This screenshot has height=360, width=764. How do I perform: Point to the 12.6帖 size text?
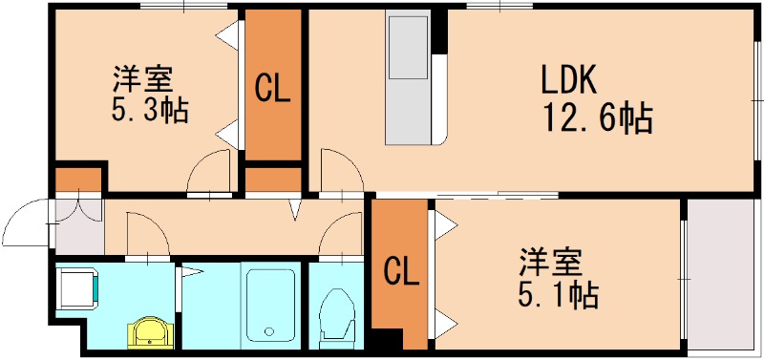pos(598,119)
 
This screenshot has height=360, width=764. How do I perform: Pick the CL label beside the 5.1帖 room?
pos(402,273)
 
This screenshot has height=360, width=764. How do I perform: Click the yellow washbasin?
pos(151,331)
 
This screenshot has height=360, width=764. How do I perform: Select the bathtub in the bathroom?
pos(270,303)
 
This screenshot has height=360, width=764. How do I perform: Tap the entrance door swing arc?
pos(27,225)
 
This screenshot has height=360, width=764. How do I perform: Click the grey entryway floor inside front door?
pos(77,226)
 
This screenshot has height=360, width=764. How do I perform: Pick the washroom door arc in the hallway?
pos(145,234)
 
